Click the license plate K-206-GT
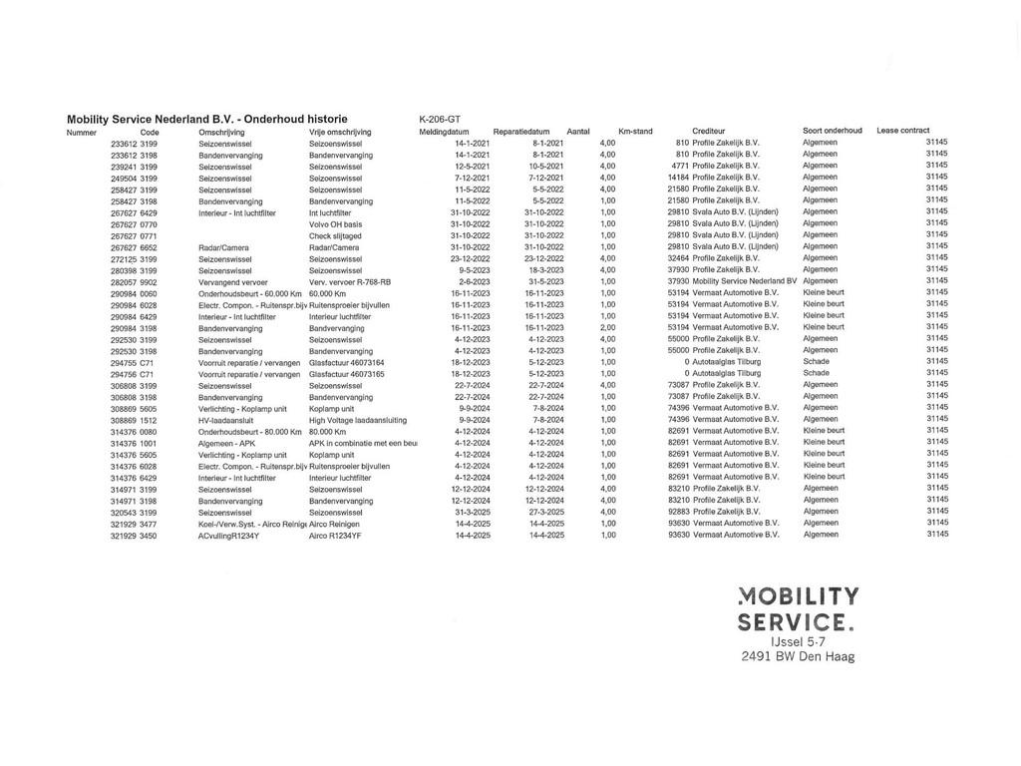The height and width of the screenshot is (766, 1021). (440, 120)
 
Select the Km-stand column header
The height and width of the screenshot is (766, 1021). (635, 132)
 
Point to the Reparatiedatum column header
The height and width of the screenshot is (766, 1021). (521, 132)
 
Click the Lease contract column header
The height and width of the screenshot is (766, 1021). (903, 131)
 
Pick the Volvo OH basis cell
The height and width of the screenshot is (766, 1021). (335, 224)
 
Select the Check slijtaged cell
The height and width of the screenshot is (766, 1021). (335, 236)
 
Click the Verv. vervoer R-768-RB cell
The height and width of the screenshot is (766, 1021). (350, 282)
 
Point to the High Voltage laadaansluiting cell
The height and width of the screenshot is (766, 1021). (358, 420)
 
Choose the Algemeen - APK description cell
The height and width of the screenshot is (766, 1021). (227, 443)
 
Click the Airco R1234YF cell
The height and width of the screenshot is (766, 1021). (336, 536)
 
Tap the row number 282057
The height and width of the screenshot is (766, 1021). (124, 282)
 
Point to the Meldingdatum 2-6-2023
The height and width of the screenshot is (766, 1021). (474, 282)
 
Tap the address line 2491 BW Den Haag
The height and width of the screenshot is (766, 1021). (799, 657)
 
